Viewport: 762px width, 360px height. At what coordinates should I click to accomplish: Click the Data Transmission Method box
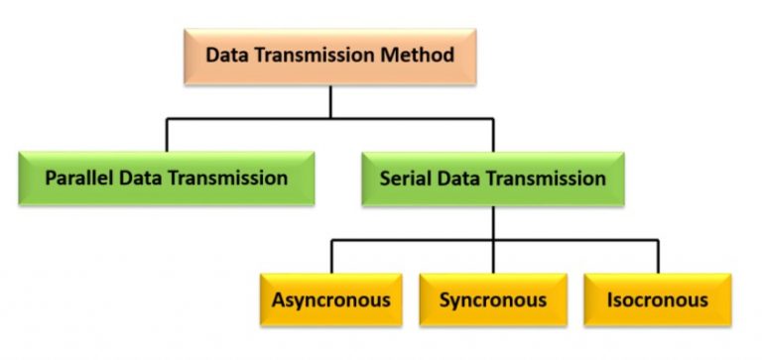(330, 56)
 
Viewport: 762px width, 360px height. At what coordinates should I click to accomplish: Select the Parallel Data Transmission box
(166, 180)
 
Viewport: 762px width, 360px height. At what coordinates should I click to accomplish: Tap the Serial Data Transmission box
(493, 180)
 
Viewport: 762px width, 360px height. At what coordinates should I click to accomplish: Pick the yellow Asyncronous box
(331, 300)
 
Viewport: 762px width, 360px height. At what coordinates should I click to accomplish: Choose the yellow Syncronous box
(493, 300)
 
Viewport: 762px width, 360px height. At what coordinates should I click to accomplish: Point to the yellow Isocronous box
(657, 300)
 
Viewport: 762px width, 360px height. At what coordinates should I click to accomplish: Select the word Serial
(405, 180)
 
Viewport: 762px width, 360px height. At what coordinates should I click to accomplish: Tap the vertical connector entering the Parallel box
(166, 135)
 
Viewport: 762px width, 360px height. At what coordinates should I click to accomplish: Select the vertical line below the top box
(330, 101)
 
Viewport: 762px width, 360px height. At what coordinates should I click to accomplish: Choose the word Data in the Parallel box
(138, 180)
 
